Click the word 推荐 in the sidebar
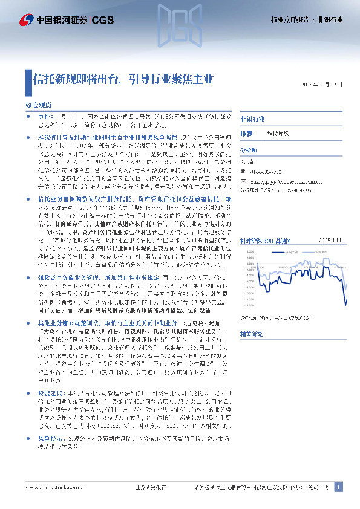(x=246, y=133)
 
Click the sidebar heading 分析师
(x=249, y=149)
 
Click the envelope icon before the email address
(x=243, y=180)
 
